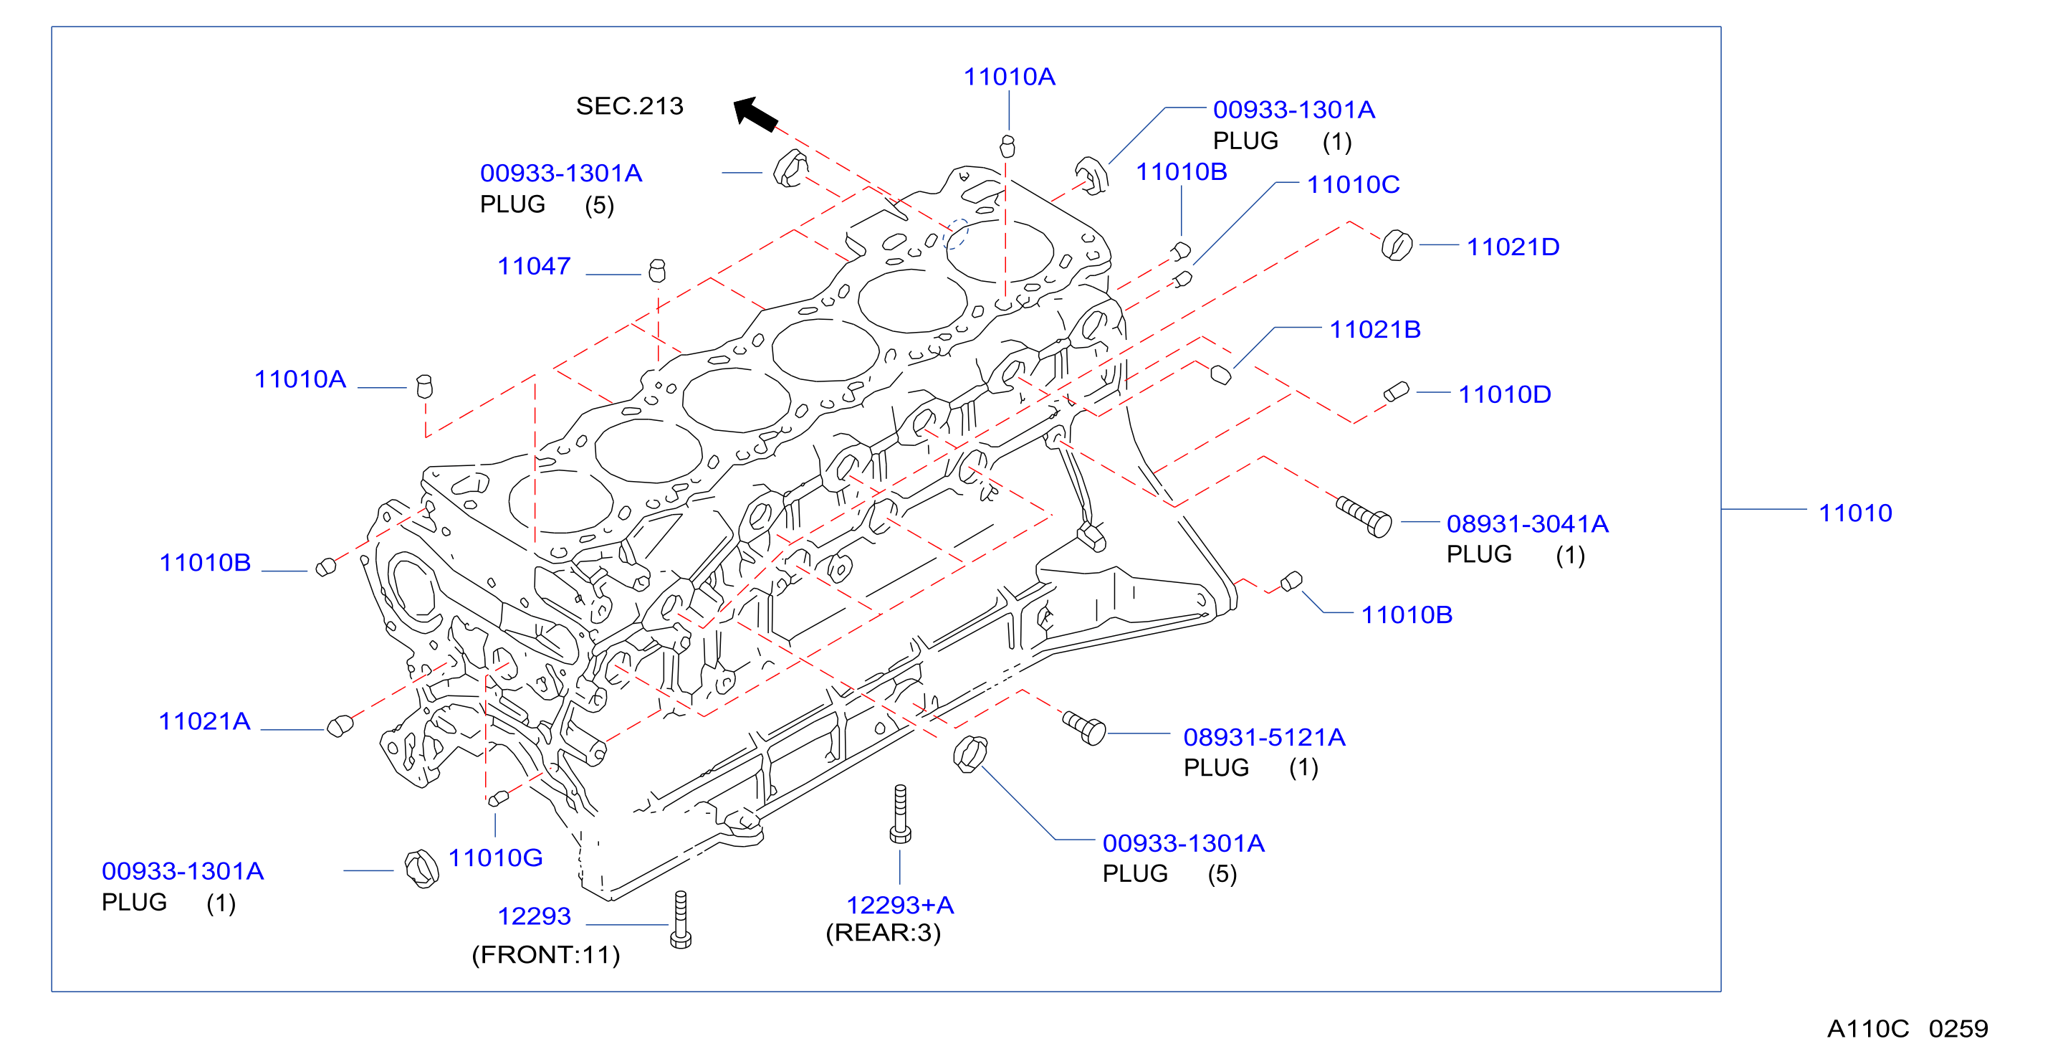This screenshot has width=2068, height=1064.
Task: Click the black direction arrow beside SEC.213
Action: [755, 113]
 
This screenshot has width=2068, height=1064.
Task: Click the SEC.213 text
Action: [629, 106]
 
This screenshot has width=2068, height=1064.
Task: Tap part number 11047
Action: [534, 266]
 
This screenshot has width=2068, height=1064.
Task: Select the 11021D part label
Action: [1513, 247]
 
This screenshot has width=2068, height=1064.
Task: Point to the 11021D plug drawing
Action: [1397, 245]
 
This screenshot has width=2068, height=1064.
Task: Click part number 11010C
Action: [1353, 185]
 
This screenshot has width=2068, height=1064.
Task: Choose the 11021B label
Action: [1375, 329]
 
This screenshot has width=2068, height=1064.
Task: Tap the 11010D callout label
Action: [1505, 394]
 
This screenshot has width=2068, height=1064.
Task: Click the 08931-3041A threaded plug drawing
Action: [1363, 516]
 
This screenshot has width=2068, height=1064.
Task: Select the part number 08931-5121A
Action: [1265, 736]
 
